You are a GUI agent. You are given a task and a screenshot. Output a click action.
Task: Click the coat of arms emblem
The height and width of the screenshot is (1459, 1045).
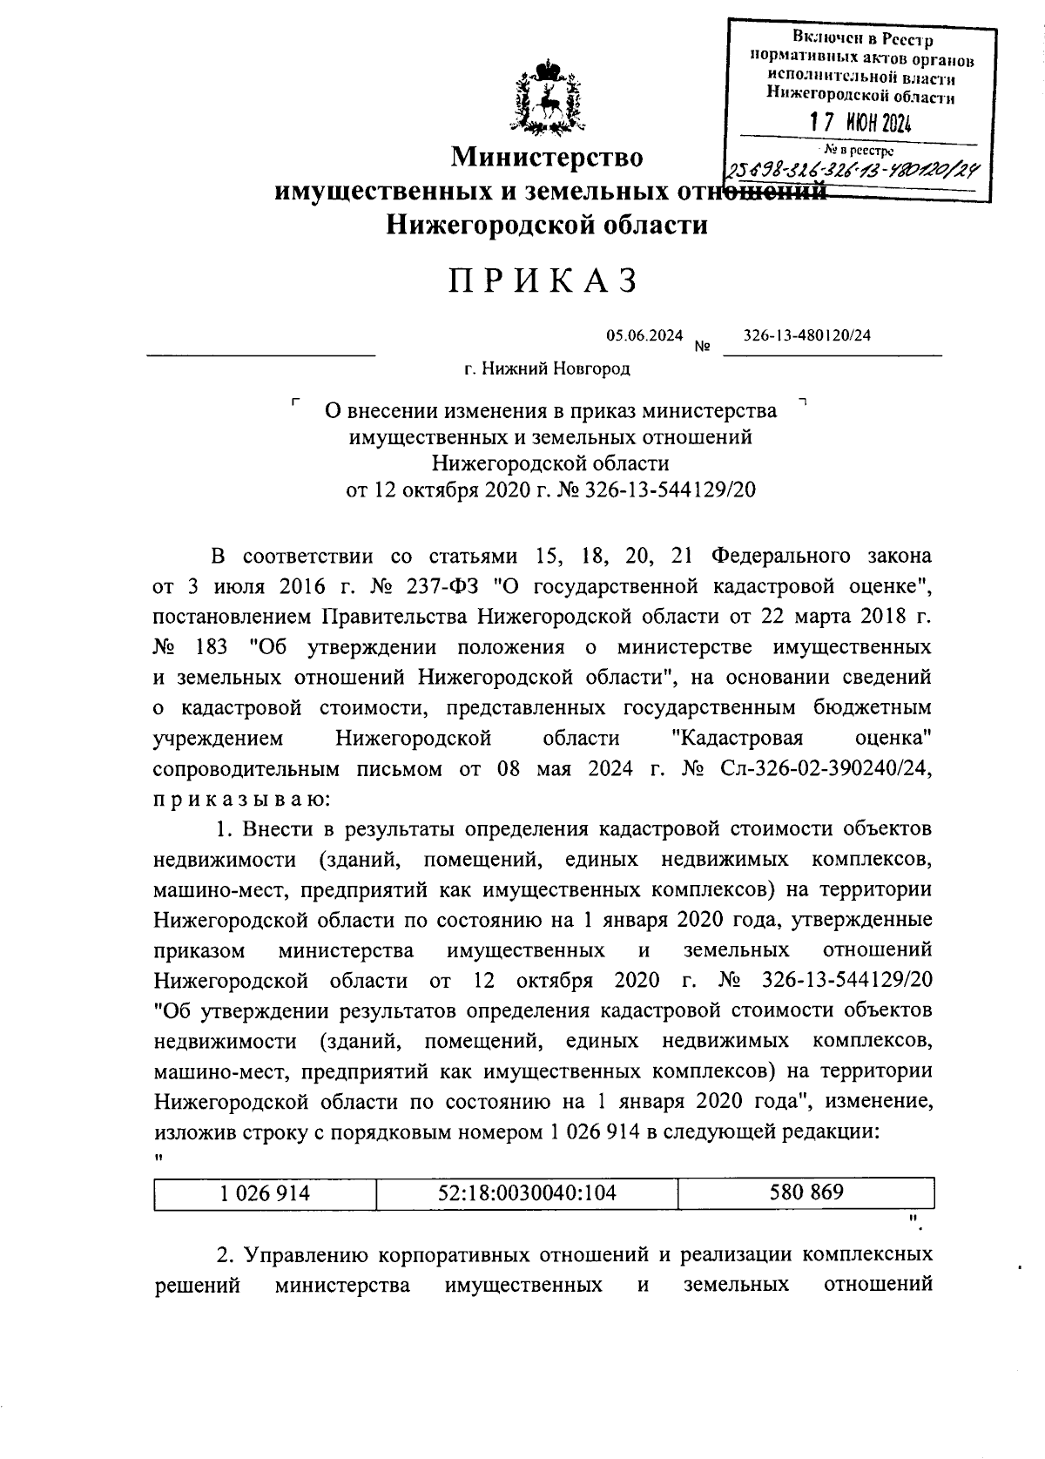click(547, 98)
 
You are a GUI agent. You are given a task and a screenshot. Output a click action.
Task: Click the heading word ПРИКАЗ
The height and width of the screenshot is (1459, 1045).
click(545, 280)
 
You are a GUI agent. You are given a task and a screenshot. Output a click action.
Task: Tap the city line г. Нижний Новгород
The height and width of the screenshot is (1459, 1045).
click(547, 368)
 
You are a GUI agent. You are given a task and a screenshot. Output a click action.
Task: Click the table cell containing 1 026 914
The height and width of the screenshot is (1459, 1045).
click(266, 1192)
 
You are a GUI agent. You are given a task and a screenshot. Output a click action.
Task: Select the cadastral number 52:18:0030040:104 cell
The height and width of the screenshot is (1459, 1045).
click(528, 1192)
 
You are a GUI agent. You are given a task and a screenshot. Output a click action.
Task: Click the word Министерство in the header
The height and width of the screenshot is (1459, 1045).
click(547, 158)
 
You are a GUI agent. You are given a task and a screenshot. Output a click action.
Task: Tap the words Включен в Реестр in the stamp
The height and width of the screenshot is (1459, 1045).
click(861, 39)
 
